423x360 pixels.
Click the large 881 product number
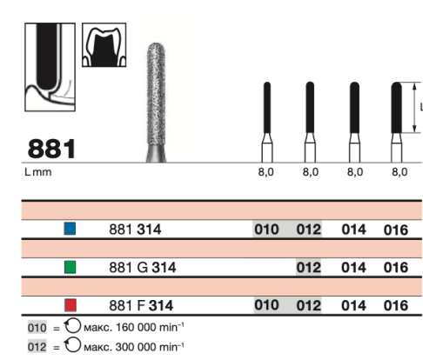tap(51, 149)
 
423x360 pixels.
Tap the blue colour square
tap(70, 229)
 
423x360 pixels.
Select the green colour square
tap(70, 267)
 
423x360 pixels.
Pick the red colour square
tap(70, 305)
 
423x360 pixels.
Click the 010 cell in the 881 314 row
tap(266, 230)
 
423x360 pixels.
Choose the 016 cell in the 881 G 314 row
tap(396, 267)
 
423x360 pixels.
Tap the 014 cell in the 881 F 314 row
tap(353, 305)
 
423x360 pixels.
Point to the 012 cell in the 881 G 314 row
tap(308, 267)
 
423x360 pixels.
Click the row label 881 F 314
tap(141, 305)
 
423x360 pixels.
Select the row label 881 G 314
tap(143, 267)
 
